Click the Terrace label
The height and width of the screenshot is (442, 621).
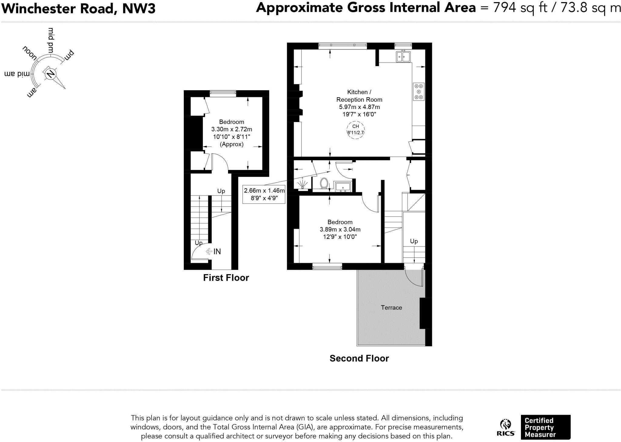tap(391, 308)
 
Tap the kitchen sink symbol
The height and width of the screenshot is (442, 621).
tap(403, 56)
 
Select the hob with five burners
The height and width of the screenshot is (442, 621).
tap(419, 91)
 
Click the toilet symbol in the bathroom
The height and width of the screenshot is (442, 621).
tap(324, 183)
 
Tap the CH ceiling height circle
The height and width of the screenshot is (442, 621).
tap(355, 129)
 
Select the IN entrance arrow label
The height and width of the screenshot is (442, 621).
tap(213, 251)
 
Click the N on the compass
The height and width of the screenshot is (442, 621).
tap(51, 73)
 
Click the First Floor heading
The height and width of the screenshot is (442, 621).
tap(226, 278)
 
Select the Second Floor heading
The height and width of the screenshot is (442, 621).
tap(359, 358)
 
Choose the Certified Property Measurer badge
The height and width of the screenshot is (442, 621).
tap(545, 427)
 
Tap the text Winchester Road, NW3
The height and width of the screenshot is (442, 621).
tap(79, 8)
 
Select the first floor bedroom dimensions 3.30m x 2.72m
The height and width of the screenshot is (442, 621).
tap(232, 129)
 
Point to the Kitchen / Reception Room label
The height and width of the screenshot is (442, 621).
tap(359, 96)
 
